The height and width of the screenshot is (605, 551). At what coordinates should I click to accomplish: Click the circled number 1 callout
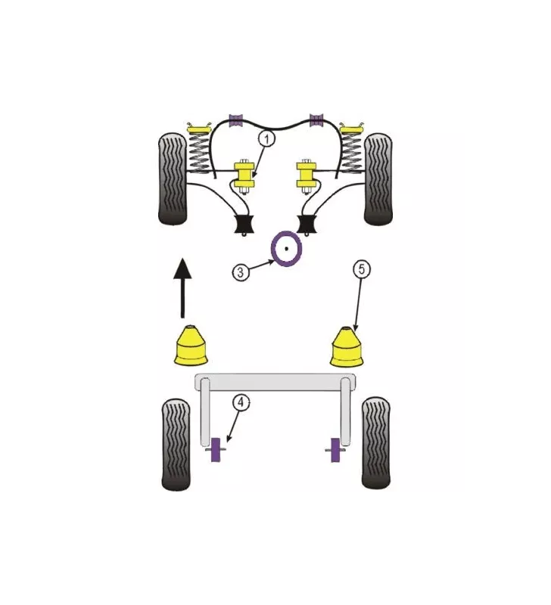(x=267, y=138)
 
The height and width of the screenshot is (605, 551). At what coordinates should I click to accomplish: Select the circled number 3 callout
(x=241, y=272)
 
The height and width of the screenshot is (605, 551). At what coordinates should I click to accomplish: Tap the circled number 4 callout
(x=241, y=403)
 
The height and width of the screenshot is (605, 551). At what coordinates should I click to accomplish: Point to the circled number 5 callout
(x=362, y=268)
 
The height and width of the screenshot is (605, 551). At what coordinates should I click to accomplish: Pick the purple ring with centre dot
(x=286, y=249)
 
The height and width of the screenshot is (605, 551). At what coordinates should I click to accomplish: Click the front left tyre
(x=173, y=179)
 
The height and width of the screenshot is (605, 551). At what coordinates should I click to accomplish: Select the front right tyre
(x=378, y=179)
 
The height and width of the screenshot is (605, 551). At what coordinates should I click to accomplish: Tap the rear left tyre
(x=176, y=445)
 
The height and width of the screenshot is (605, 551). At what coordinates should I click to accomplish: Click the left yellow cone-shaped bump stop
(x=191, y=346)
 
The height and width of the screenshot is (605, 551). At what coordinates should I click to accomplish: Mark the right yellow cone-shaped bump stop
(x=347, y=346)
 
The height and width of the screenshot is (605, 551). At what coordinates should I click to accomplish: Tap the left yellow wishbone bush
(x=244, y=176)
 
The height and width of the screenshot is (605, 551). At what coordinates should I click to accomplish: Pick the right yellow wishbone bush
(x=307, y=176)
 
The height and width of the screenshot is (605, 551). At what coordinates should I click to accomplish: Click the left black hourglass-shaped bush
(x=244, y=224)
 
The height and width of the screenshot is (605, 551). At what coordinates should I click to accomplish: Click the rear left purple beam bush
(x=216, y=449)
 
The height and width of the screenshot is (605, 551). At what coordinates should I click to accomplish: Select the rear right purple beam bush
(x=336, y=450)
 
